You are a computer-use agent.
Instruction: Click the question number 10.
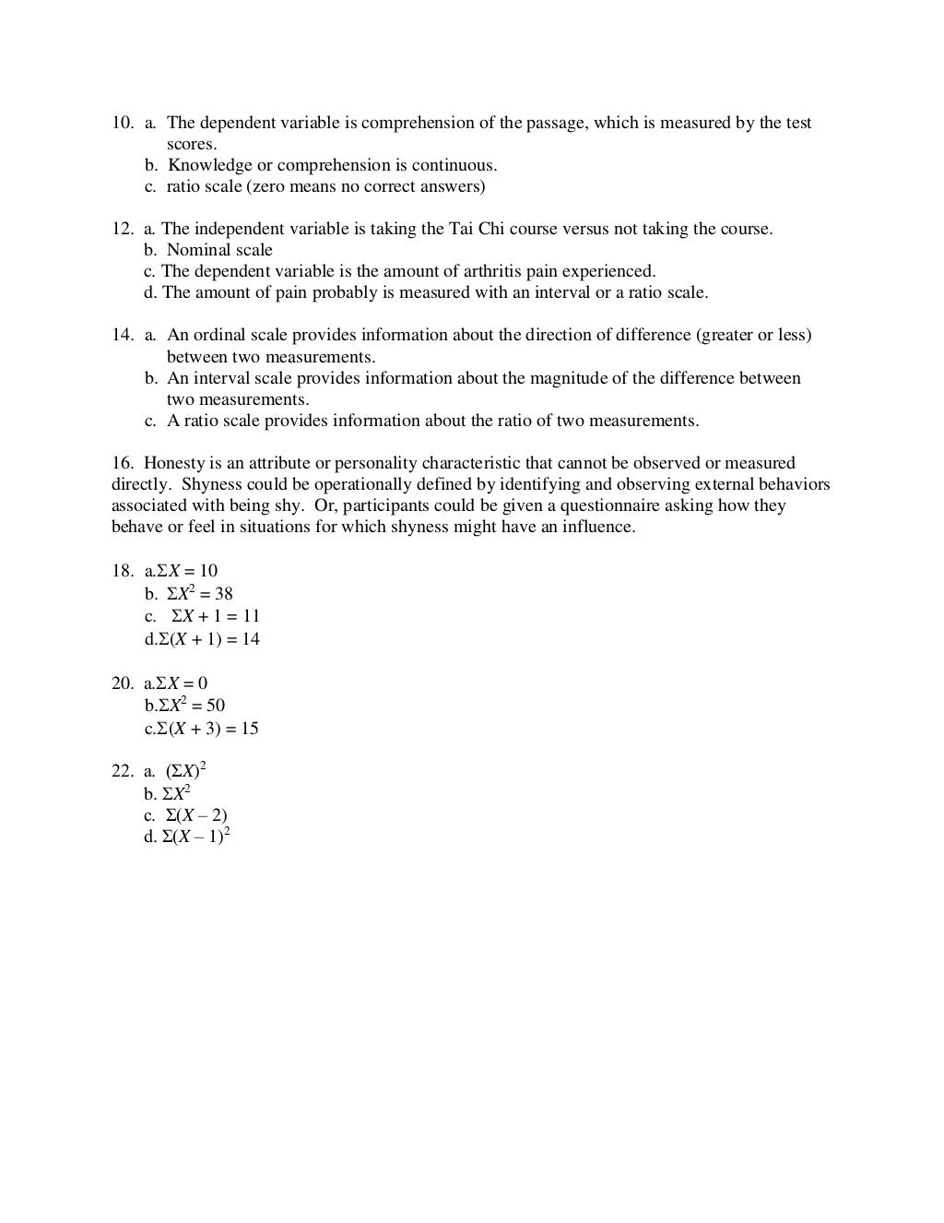[122, 123]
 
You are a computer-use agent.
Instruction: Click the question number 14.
[122, 335]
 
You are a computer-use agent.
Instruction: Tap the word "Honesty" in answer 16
[174, 463]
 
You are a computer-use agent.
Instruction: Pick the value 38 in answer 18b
[224, 594]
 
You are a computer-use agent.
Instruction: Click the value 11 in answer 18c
[251, 616]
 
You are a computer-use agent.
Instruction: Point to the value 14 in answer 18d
[251, 639]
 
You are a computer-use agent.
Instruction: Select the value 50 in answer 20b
[216, 706]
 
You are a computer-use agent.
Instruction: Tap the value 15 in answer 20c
[249, 729]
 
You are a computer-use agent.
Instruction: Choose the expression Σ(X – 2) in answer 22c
[195, 815]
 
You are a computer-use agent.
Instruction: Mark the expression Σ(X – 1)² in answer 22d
[195, 837]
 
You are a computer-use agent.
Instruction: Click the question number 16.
[122, 463]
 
